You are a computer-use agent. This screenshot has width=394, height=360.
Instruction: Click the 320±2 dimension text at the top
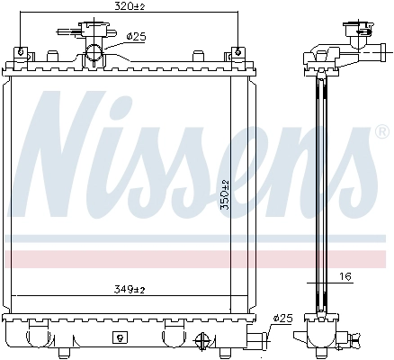tap(130, 7)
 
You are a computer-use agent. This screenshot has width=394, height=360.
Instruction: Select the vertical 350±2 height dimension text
tap(227, 193)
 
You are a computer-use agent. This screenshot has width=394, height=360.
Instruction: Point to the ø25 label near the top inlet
tap(137, 37)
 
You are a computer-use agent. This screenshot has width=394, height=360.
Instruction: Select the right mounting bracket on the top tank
tap(236, 57)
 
